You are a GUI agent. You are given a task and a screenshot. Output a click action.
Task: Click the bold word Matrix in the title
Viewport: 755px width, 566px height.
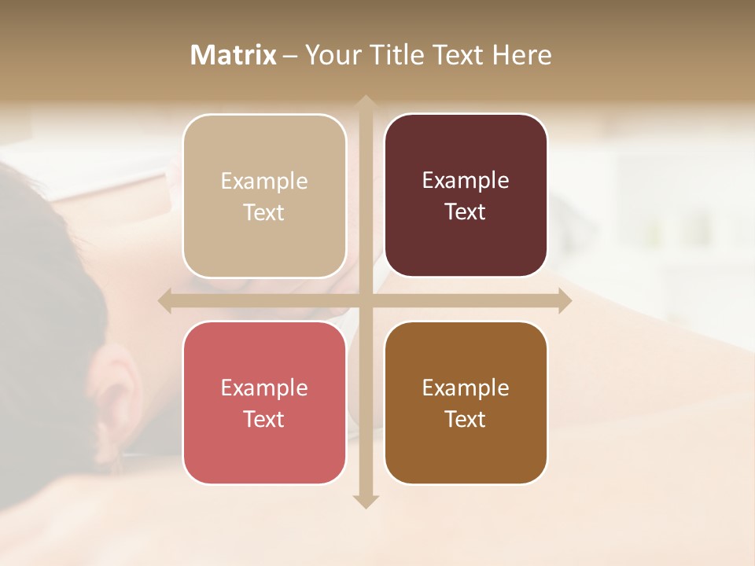coord(234,55)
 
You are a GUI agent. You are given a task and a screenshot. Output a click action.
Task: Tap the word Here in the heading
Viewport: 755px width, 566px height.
coord(521,55)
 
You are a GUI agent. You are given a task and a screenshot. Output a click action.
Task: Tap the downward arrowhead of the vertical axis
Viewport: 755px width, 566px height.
coord(365,501)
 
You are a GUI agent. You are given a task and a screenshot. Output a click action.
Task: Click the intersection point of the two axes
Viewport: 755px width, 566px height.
coord(365,300)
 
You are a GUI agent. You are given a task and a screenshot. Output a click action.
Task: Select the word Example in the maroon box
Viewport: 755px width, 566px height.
coord(466,181)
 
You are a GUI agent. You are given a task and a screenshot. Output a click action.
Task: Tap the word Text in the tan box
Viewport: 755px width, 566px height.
coord(263,212)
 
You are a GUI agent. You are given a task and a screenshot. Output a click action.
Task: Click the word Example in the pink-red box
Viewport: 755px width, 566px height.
coord(264,388)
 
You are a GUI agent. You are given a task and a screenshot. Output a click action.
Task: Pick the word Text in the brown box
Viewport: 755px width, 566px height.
coord(465,419)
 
